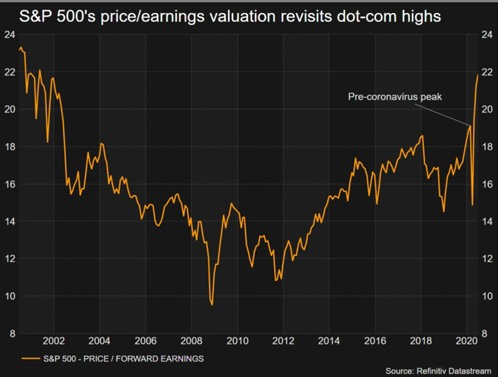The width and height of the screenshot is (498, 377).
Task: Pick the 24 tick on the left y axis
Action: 11,35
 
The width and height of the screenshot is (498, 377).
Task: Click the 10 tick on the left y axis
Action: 11,296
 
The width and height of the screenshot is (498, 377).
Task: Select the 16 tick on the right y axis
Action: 487,184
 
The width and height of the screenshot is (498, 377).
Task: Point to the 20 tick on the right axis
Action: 487,109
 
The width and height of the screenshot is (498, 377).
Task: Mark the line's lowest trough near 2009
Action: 211,304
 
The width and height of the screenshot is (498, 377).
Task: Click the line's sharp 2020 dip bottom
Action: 472,205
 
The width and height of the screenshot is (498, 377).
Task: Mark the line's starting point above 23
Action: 19,48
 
